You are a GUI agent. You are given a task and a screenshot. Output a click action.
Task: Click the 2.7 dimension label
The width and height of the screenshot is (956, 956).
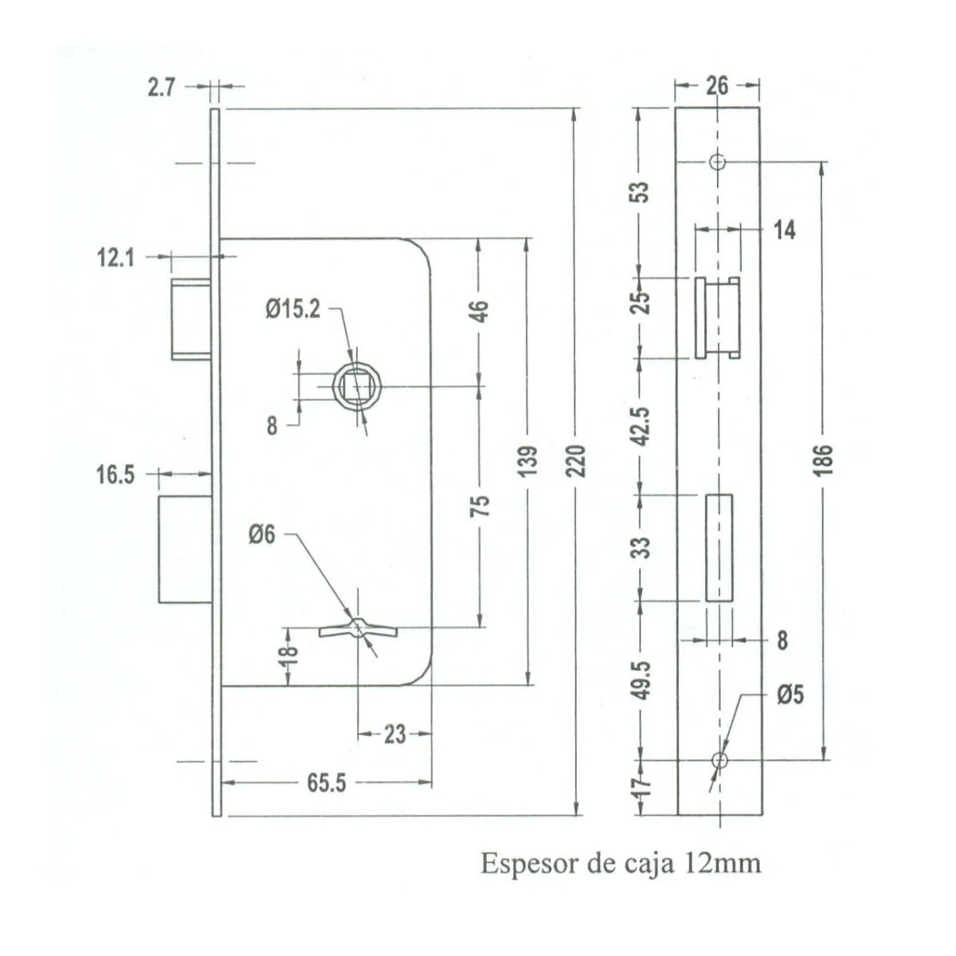[162, 88]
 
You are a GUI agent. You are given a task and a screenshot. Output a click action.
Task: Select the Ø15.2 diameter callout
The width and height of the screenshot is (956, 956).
[292, 310]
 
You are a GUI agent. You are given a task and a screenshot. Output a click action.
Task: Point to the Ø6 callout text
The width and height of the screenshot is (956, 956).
[261, 535]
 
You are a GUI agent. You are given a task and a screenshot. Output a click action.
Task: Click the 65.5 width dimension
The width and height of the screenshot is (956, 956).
[326, 783]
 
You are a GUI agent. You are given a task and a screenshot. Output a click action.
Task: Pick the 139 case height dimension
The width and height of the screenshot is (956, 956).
[530, 462]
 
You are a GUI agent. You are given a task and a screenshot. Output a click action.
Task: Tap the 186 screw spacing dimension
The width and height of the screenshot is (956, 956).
[823, 461]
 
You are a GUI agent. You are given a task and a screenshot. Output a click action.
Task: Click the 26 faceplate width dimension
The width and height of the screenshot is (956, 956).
[717, 86]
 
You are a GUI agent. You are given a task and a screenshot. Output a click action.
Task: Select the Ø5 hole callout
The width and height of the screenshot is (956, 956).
[790, 695]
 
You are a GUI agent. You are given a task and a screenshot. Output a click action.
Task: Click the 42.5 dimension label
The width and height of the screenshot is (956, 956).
[642, 426]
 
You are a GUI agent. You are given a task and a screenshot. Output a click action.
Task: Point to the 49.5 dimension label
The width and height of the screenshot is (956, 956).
[643, 680]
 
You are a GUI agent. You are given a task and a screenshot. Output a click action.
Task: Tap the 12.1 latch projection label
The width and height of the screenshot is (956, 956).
[115, 258]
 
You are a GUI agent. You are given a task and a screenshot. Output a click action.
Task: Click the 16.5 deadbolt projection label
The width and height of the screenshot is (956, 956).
[116, 475]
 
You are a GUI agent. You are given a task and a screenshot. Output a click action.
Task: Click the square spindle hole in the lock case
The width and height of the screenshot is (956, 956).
[357, 387]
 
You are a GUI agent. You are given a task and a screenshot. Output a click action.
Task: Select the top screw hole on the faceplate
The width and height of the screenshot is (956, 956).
[718, 162]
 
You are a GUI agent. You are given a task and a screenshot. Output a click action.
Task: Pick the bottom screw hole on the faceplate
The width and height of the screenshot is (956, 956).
[719, 760]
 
